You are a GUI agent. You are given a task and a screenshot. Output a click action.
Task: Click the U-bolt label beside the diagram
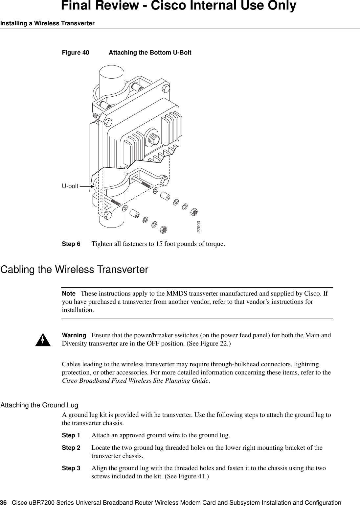(70, 186)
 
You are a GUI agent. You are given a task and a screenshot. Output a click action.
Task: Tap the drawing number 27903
(199, 227)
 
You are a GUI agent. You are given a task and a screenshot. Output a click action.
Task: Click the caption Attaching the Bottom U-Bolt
(150, 53)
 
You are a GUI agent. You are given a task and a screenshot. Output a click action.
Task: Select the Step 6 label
(71, 244)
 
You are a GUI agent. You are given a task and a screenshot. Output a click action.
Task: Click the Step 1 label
(71, 435)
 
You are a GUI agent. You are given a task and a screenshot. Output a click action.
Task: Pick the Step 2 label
(71, 448)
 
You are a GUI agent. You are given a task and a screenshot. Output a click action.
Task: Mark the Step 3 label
(71, 468)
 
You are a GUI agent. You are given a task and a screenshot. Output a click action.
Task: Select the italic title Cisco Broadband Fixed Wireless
(108, 381)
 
